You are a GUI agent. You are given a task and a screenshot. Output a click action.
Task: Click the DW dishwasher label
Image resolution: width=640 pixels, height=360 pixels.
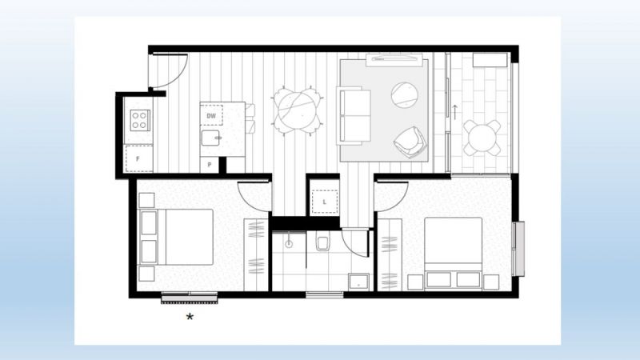tap(211, 116)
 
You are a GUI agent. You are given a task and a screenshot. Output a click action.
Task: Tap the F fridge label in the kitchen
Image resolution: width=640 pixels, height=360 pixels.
tap(138, 158)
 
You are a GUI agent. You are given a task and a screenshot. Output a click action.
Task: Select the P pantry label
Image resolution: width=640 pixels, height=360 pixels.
tap(210, 165)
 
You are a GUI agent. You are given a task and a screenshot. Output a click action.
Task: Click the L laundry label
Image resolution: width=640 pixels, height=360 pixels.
tap(325, 202)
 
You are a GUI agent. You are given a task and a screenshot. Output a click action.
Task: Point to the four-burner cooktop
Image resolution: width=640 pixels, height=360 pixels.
tap(140, 121)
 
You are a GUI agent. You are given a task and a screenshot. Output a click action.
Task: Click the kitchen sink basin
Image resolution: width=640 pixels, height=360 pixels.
tap(210, 138)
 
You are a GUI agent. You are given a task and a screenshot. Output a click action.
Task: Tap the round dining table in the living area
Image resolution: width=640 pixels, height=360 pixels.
tap(298, 111)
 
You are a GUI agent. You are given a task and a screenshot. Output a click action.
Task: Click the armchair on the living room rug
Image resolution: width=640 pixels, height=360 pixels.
tap(409, 143)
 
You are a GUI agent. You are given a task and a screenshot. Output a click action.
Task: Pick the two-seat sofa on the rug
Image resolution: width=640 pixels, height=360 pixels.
tap(354, 115)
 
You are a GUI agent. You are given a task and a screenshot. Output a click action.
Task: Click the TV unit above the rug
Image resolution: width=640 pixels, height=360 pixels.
tap(394, 59)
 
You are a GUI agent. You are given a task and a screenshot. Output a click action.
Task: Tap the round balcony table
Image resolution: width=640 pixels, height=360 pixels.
tap(482, 138)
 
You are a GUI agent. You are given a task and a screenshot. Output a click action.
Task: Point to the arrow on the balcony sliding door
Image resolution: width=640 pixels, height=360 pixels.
tap(454, 112)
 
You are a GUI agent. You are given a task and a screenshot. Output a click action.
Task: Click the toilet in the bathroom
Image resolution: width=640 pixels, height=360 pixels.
tap(322, 244)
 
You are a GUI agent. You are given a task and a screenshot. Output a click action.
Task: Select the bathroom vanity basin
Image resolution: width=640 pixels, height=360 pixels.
tap(358, 282)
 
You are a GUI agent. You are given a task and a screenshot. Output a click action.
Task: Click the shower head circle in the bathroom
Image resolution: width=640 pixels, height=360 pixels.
tap(289, 245)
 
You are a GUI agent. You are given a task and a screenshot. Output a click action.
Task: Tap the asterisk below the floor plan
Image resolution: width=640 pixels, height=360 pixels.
tap(190, 317)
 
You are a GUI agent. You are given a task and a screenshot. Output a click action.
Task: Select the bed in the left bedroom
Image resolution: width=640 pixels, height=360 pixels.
tap(176, 237)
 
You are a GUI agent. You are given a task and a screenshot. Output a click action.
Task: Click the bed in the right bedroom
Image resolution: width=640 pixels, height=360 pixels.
tap(454, 254)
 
